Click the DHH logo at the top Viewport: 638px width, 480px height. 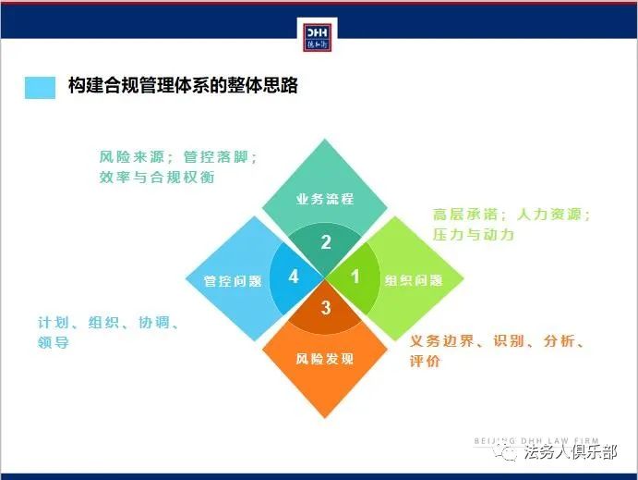tap(317, 38)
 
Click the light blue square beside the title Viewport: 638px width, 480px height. tap(40, 88)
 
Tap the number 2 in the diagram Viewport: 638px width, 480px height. tap(326, 242)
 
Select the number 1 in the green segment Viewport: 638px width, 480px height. tap(355, 277)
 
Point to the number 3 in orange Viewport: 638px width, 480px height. tap(326, 308)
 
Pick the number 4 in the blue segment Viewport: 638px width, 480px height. tap(294, 277)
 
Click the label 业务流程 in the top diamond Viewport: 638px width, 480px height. tap(325, 199)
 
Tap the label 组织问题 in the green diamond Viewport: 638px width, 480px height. tap(414, 280)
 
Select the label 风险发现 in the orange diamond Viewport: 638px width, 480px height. tap(325, 359)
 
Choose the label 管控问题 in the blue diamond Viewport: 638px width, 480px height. tap(233, 281)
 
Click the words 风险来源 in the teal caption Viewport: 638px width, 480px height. tap(131, 157)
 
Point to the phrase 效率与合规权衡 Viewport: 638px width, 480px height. tap(157, 178)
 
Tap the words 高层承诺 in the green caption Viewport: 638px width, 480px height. tap(465, 215)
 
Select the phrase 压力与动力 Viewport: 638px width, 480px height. tap(474, 235)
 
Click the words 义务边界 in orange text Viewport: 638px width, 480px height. tap(442, 340)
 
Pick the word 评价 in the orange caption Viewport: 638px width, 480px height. tap(425, 361)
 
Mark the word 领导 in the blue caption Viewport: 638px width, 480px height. tap(53, 342)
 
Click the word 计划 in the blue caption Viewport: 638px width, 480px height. tap(53, 322)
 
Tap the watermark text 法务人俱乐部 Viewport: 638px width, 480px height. tap(570, 452)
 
